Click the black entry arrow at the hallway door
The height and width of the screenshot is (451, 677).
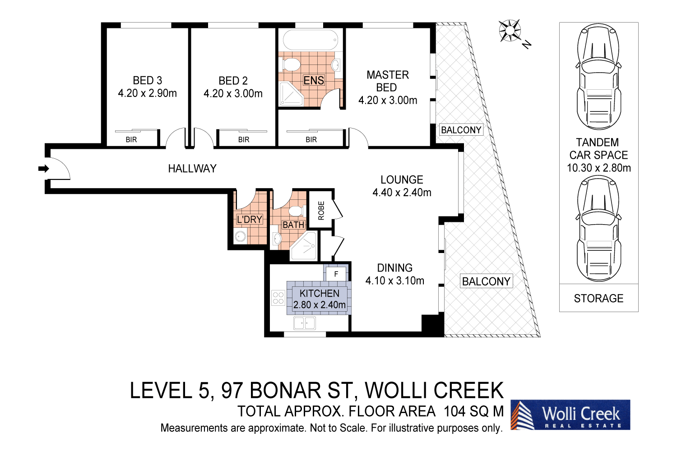(x=43, y=169)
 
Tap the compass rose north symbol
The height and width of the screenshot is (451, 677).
(x=510, y=31)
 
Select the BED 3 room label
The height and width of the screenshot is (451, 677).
(x=147, y=80)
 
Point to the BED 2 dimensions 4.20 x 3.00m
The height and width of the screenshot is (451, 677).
(x=233, y=94)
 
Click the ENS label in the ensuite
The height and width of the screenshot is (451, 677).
(x=314, y=81)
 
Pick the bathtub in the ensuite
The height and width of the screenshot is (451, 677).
(x=310, y=40)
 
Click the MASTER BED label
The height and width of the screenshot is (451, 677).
(x=387, y=81)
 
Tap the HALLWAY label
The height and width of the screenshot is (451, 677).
(x=192, y=169)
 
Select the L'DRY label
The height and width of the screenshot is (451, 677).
(x=250, y=220)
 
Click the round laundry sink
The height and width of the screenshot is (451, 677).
(x=240, y=236)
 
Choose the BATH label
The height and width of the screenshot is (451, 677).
(x=293, y=225)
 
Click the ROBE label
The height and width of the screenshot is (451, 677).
(x=321, y=211)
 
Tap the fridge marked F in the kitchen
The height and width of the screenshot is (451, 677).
(x=336, y=274)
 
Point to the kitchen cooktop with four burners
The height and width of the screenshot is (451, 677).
(x=278, y=298)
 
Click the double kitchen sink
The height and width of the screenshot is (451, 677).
(x=305, y=323)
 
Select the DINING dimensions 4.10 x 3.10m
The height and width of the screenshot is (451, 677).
(x=395, y=281)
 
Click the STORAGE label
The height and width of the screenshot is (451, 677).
(x=598, y=299)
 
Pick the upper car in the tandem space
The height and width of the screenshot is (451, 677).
(x=598, y=77)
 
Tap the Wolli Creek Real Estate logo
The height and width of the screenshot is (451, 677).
(x=570, y=415)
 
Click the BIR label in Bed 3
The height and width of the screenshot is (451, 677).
(x=131, y=140)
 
